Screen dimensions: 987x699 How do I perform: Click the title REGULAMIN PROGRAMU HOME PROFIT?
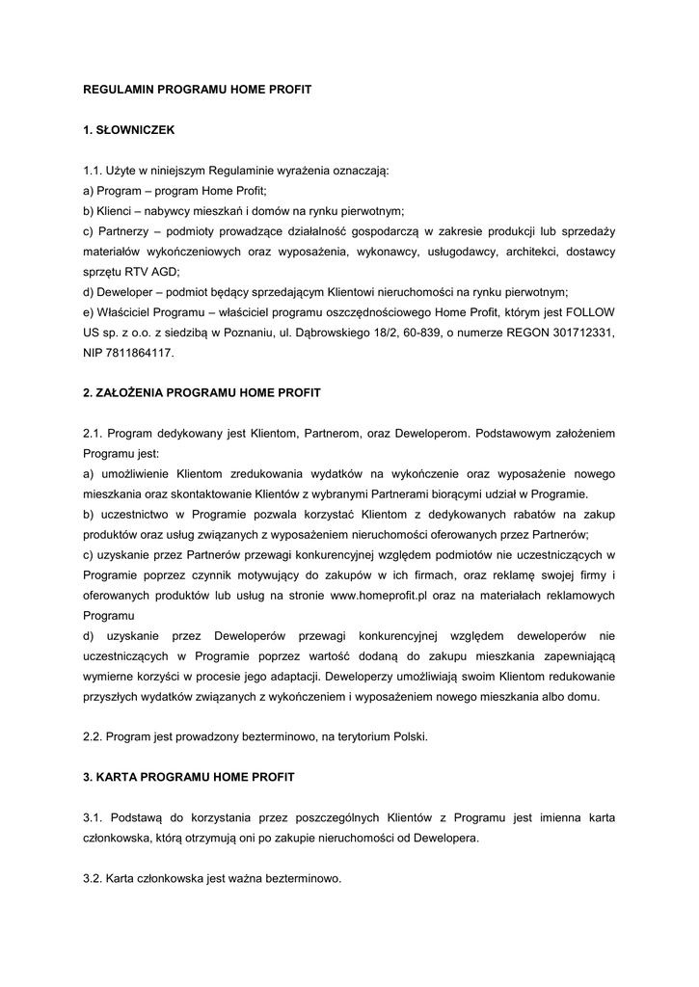[197, 89]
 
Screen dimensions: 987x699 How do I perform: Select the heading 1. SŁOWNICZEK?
[127, 128]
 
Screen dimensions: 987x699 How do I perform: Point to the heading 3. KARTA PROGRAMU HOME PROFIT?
[189, 776]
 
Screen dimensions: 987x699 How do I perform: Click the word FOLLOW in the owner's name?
[593, 311]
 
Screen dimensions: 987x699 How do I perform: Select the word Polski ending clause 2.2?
[407, 736]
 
